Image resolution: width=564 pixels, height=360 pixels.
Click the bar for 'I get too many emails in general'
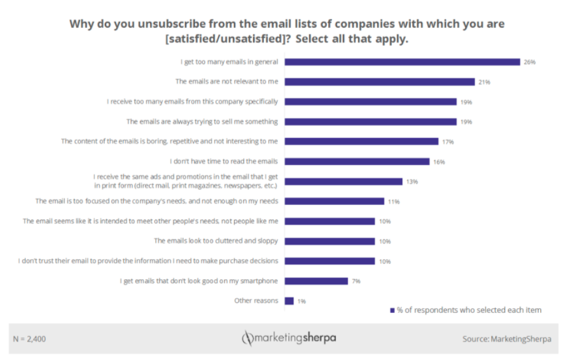(x=402, y=62)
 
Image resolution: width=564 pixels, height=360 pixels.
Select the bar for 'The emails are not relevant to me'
(x=380, y=82)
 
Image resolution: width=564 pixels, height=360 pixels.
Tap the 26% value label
(x=529, y=62)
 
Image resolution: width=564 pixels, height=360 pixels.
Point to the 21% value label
(x=484, y=82)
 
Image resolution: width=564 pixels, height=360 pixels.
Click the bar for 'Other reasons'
(x=289, y=301)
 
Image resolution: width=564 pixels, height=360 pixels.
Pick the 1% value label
(x=302, y=301)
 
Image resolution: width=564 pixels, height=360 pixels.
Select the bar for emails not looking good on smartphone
(x=316, y=281)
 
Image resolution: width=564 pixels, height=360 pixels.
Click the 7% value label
(x=356, y=281)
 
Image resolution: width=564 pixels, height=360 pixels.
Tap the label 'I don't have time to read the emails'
(x=224, y=161)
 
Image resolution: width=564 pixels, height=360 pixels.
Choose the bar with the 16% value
(x=357, y=161)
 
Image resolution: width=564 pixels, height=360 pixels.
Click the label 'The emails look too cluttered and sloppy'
(x=216, y=241)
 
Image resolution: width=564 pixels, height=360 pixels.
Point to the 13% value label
(x=411, y=181)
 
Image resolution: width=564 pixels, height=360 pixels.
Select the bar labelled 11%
(x=335, y=201)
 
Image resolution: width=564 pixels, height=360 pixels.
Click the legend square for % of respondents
(x=392, y=310)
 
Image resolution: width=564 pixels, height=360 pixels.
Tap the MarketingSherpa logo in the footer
(x=289, y=338)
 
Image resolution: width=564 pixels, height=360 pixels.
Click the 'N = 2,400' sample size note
(x=30, y=339)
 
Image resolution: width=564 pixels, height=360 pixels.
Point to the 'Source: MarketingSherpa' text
(x=506, y=339)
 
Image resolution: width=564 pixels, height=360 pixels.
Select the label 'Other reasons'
(x=256, y=301)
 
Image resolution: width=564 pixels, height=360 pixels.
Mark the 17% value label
(x=447, y=141)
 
